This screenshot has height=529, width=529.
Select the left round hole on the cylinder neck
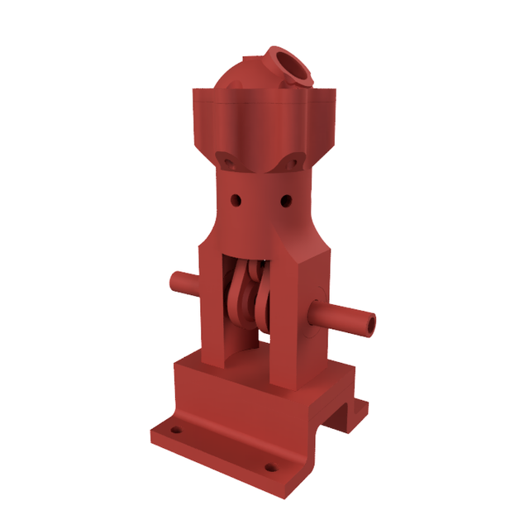click(236, 200)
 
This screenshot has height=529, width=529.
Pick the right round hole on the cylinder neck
click(287, 200)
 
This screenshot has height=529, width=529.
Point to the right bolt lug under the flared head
click(293, 163)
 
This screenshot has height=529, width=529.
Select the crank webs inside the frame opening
click(248, 298)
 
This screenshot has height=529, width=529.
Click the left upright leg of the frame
click(212, 306)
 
